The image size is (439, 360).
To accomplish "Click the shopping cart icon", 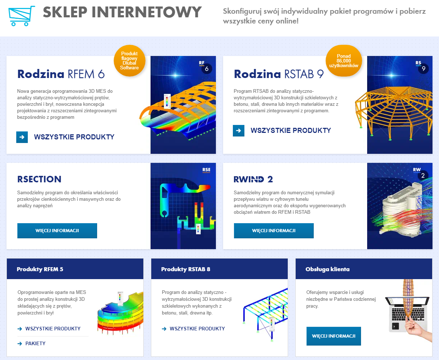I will tap(21, 16).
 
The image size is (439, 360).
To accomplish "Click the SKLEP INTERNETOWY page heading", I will tap(122, 12).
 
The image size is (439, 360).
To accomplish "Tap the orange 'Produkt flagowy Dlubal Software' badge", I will tap(129, 61).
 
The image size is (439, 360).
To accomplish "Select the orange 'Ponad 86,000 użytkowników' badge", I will tap(343, 61).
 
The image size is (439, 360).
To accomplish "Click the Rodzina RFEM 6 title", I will tap(61, 74).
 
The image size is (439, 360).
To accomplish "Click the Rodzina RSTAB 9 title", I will tap(278, 74).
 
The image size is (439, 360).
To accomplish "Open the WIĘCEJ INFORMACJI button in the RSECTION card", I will tap(57, 231).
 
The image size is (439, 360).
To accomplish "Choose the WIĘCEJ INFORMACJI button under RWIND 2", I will tap(274, 231).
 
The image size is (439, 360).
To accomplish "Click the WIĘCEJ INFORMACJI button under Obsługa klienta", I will tap(334, 336).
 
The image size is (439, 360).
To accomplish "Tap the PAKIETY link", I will tap(35, 344).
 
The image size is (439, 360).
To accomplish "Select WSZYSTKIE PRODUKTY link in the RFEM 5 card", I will tap(53, 329).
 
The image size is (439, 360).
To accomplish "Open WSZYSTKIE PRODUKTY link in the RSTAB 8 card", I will tap(197, 329).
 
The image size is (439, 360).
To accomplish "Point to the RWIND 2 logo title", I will tap(253, 179).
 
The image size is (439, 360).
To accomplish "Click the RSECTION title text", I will tap(39, 179).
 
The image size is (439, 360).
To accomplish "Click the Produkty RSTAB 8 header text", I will tap(186, 269).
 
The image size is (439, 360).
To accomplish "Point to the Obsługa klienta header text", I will tap(327, 269).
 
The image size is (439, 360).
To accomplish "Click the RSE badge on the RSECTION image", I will tap(206, 170).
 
